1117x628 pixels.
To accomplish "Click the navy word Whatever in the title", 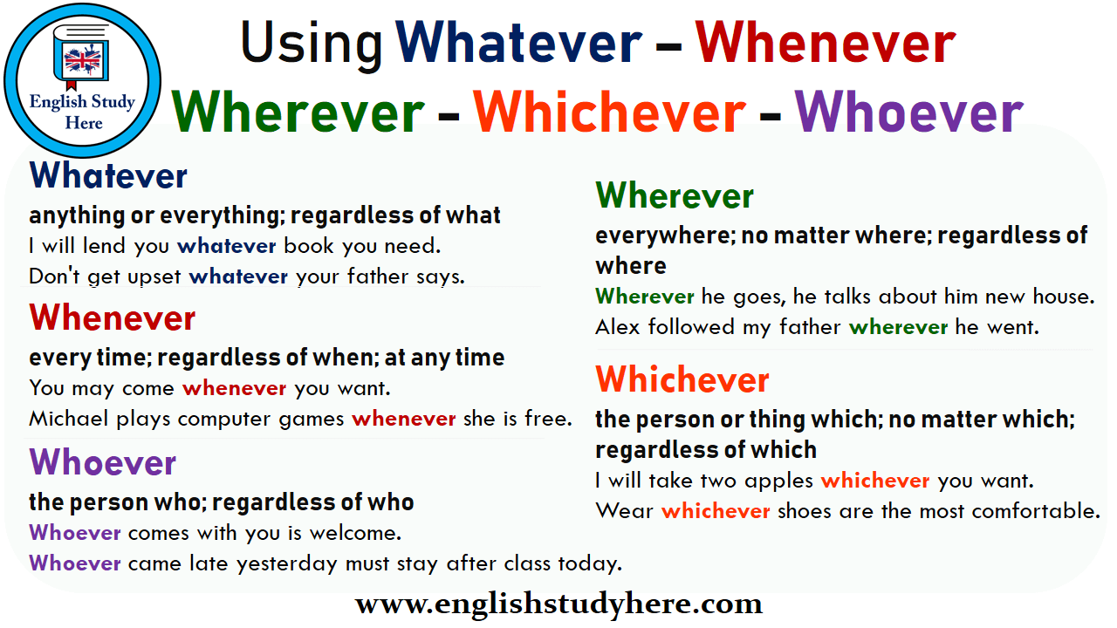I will point(518,44).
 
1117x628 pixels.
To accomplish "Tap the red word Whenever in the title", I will point(825,44).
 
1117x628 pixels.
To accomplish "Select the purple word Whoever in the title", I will point(908,113).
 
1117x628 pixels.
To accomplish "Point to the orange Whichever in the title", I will point(609,113).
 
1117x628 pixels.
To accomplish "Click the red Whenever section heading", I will point(113,318).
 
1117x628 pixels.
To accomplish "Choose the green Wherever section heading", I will point(675,196).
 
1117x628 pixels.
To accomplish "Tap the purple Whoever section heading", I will point(103,462).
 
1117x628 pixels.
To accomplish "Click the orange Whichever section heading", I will point(682,379).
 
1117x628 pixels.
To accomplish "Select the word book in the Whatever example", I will point(309,246).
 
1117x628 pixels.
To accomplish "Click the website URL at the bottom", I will point(558,604).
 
